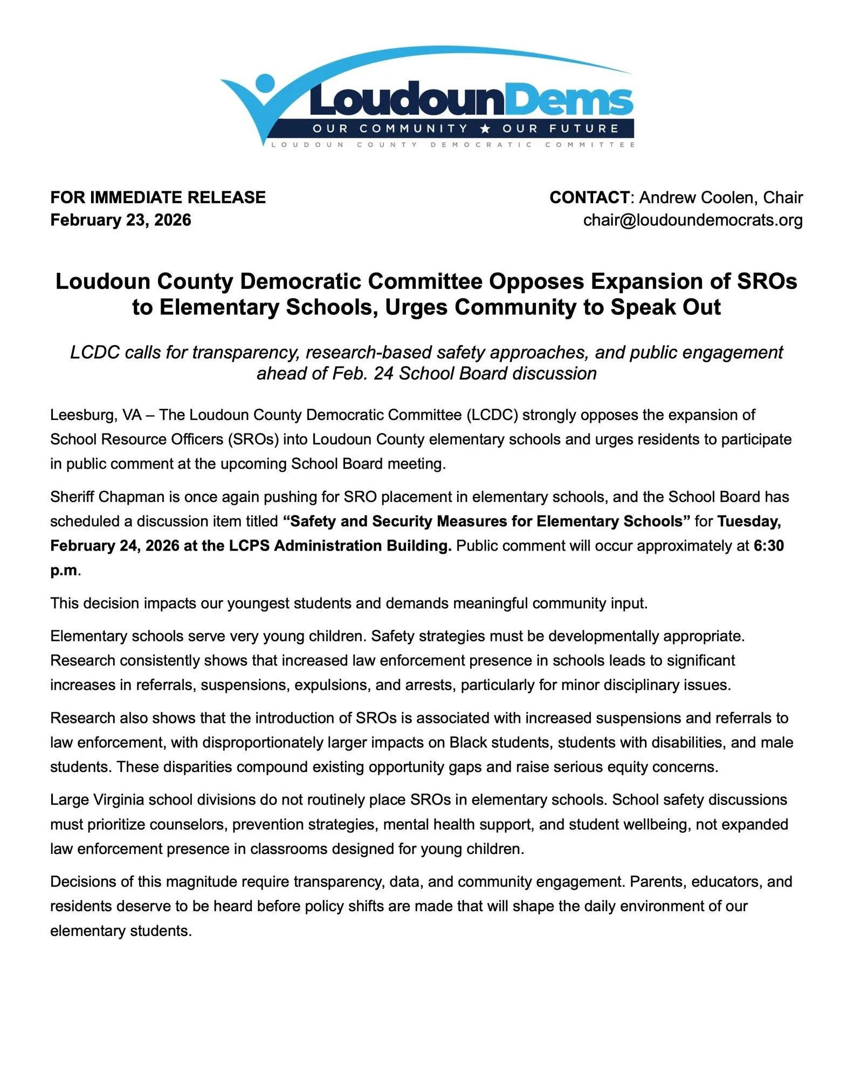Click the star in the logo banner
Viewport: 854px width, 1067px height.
click(x=485, y=129)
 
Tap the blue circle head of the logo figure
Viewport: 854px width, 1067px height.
click(x=265, y=85)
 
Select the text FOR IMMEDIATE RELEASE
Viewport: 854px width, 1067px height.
click(x=158, y=197)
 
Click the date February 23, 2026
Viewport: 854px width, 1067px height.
click(x=121, y=220)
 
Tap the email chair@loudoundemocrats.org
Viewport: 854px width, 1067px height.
click(x=693, y=220)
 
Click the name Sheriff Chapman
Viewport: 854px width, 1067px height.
click(x=108, y=497)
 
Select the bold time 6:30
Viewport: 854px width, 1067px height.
click(x=769, y=546)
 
